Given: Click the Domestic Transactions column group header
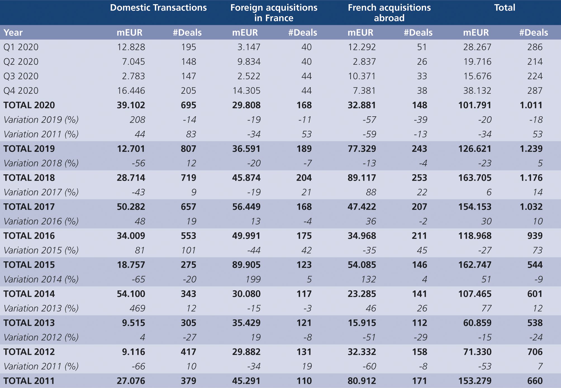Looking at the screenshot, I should [158, 8].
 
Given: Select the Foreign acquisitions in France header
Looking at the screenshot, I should [274, 13].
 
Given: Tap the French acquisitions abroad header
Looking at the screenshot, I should [389, 13].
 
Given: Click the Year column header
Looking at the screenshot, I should [13, 33].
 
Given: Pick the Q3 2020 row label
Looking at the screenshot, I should [21, 76].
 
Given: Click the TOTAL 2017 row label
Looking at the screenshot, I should [29, 207].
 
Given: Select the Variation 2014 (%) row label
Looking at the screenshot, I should [41, 279].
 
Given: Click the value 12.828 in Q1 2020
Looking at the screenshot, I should [131, 47].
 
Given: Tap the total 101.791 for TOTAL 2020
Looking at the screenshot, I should [474, 105].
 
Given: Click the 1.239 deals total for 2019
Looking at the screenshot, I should [531, 149].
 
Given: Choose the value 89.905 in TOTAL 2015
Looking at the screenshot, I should [246, 265].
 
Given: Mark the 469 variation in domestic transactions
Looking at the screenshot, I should [137, 308].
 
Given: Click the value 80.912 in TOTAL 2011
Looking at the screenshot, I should [362, 381].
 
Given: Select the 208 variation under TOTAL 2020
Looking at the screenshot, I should [137, 120].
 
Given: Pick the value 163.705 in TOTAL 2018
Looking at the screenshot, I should [474, 178].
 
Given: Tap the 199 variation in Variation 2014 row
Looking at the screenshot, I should [253, 279].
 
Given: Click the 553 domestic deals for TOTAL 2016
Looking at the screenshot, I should [188, 236].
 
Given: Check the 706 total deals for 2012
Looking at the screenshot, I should [534, 352].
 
